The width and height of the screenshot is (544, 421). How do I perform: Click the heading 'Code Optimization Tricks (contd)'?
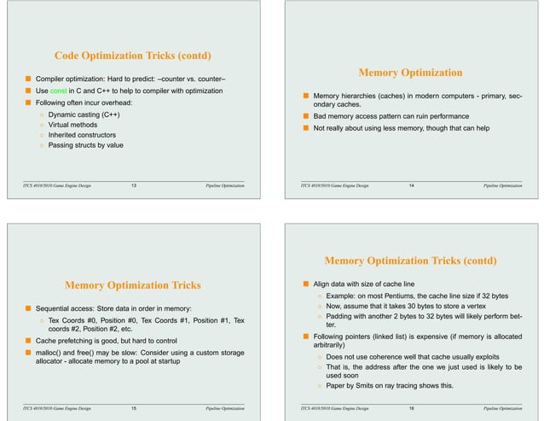(x=133, y=56)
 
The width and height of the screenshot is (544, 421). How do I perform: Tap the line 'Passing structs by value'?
(x=85, y=145)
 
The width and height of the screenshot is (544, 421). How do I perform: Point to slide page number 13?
(x=133, y=184)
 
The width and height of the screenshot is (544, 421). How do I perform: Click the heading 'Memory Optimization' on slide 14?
(x=411, y=73)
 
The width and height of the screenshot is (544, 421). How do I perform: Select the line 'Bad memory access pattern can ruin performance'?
(x=391, y=115)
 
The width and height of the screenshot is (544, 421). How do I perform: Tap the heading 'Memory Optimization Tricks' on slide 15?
(x=133, y=285)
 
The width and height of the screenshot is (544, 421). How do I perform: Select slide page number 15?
(x=133, y=410)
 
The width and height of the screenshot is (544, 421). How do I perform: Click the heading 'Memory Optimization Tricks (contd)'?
(x=411, y=260)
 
